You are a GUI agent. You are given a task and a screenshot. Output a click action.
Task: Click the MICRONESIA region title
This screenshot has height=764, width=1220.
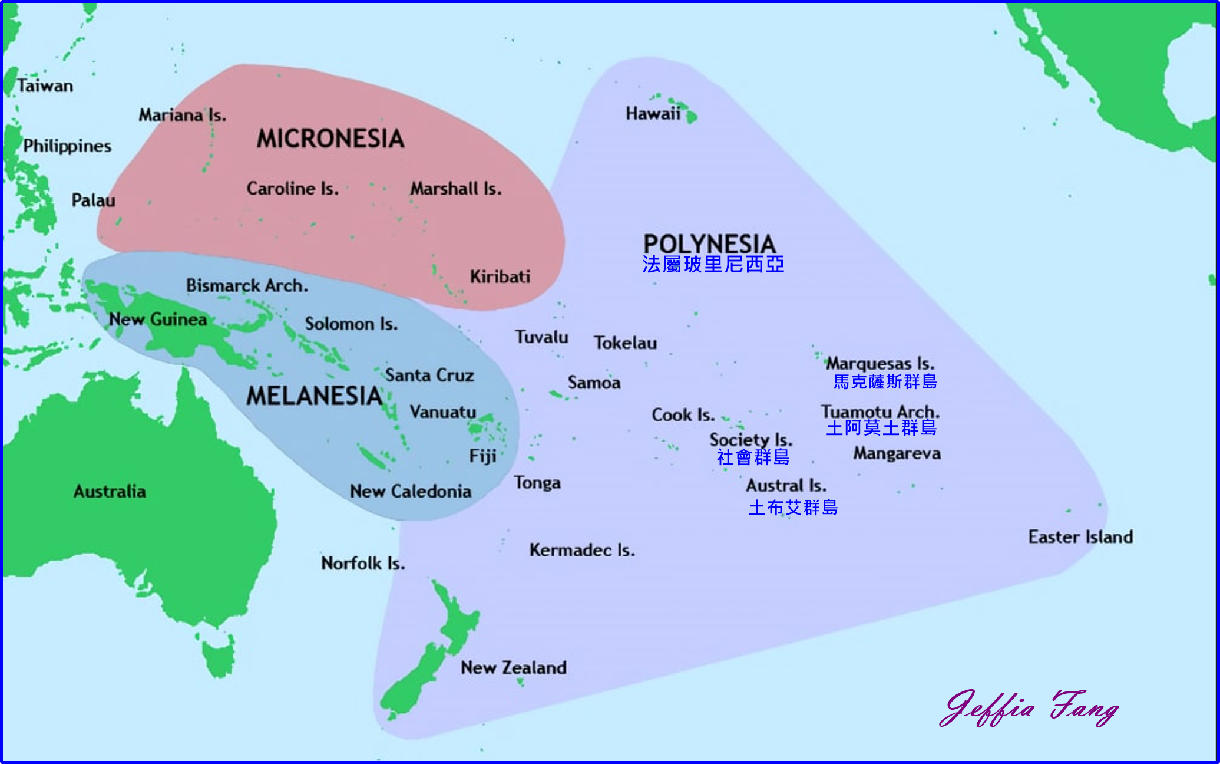coord(330,139)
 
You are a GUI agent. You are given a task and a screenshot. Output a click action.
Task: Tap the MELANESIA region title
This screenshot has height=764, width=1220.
coord(315,396)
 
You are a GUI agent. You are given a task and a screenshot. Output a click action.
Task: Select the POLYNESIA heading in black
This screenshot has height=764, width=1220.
coord(709,243)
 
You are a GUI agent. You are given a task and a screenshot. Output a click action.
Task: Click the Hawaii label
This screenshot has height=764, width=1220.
coord(653,113)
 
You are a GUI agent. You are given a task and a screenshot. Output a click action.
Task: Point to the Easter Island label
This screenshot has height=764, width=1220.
coord(1080,536)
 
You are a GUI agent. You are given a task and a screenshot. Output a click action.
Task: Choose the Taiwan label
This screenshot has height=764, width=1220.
coord(45,86)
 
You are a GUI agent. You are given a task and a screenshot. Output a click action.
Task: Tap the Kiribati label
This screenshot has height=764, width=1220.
coord(500,276)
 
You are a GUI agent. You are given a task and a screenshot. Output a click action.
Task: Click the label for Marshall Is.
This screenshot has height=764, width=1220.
coord(456,189)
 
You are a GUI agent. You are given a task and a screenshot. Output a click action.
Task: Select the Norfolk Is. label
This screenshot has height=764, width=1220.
coord(363,564)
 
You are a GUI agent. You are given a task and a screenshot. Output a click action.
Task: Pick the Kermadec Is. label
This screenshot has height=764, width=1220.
coord(582,550)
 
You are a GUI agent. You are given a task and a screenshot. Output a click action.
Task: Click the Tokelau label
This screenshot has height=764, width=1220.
coord(625,343)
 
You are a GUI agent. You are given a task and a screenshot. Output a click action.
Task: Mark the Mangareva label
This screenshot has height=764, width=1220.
coord(897,453)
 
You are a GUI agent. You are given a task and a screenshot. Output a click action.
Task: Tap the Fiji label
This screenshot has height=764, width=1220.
coord(482,456)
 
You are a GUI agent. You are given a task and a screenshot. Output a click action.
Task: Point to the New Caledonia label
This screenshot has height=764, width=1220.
coord(411,491)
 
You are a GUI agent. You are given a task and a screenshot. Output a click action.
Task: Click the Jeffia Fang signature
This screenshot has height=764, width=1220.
coord(1029,708)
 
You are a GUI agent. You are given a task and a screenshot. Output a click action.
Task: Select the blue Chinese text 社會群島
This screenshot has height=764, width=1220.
coord(753,457)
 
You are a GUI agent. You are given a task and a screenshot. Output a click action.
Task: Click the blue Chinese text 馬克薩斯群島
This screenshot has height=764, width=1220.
coord(885,382)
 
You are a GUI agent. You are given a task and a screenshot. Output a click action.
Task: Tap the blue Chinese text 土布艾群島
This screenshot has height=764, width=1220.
coord(793,508)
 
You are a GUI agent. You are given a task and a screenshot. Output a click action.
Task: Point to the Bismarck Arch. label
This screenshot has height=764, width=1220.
coord(247,286)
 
